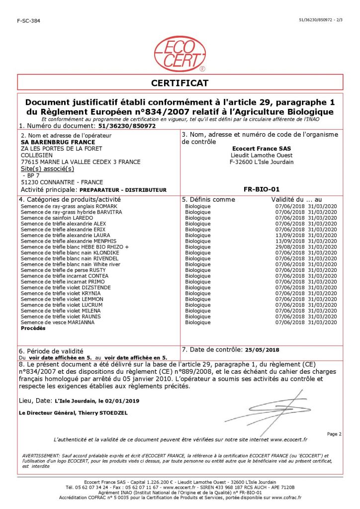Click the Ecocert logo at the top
pos(180,53)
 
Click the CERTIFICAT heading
pos(180,83)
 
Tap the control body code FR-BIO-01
pos(262,189)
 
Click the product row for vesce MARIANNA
pos(58,323)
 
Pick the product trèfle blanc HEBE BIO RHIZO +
pos(75,247)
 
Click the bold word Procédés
pos(33,329)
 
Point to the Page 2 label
pos(334,434)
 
